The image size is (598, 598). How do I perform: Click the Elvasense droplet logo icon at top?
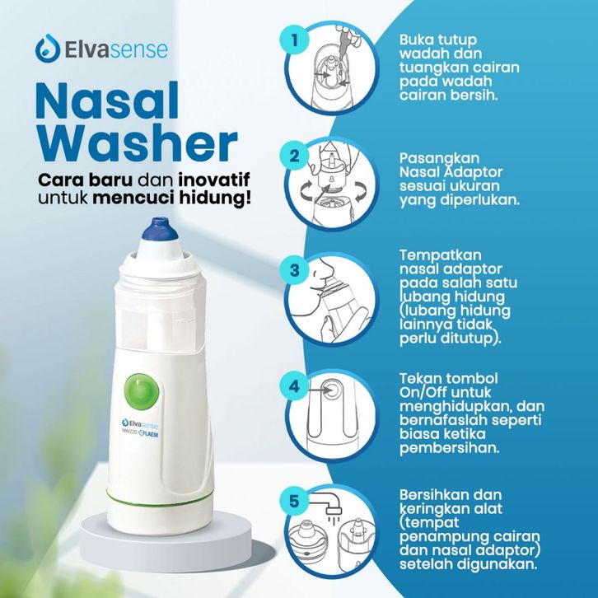[x=48, y=49]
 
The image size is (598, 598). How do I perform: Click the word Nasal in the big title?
[x=107, y=101]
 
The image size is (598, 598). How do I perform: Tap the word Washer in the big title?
[x=137, y=143]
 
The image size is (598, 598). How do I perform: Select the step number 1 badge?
[x=294, y=40]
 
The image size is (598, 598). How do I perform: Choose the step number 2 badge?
[x=294, y=156]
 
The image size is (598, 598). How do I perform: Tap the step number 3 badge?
[x=294, y=271]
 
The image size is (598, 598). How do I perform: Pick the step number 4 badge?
[x=294, y=386]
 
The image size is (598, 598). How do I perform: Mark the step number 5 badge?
[x=294, y=501]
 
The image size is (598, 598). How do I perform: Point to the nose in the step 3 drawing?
[x=324, y=269]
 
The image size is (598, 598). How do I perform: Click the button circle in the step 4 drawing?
[x=330, y=390]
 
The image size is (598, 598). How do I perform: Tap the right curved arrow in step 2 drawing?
[x=361, y=191]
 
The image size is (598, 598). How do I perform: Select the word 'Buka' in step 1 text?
[x=416, y=40]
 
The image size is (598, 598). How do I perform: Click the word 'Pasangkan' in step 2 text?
[x=440, y=159]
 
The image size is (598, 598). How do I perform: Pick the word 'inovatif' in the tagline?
[x=214, y=180]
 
